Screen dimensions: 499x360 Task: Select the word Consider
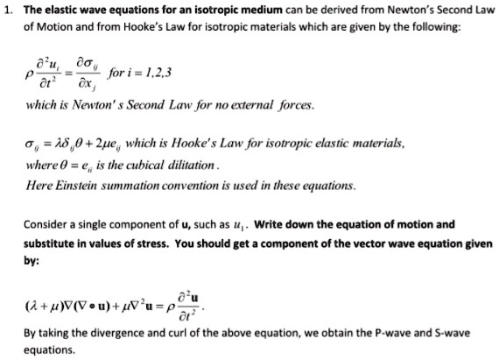pos(46,223)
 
